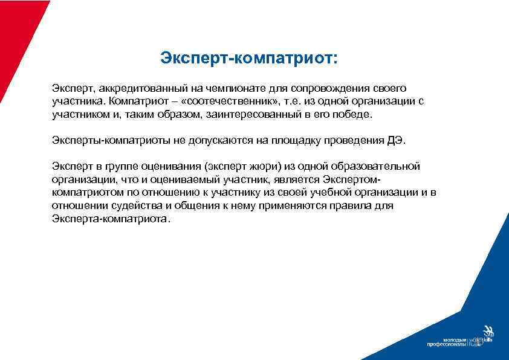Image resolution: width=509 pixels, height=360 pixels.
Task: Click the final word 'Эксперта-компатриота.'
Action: click(112, 219)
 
